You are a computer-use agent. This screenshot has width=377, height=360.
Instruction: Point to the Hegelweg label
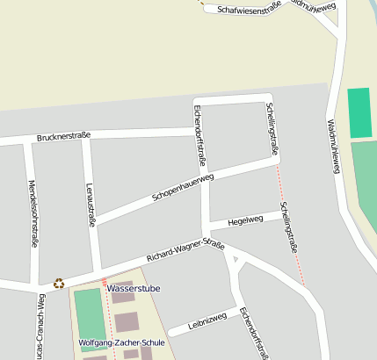point(245,220)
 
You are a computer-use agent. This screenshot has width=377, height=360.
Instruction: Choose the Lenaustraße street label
point(91,205)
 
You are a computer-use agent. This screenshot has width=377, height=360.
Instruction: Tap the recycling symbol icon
point(59,283)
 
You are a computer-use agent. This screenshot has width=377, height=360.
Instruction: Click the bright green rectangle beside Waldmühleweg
point(359,112)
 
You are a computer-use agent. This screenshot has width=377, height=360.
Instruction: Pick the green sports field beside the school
point(89,318)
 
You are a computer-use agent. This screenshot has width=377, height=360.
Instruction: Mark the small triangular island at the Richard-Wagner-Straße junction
point(234,259)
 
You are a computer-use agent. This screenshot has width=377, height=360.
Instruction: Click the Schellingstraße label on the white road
point(272,129)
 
